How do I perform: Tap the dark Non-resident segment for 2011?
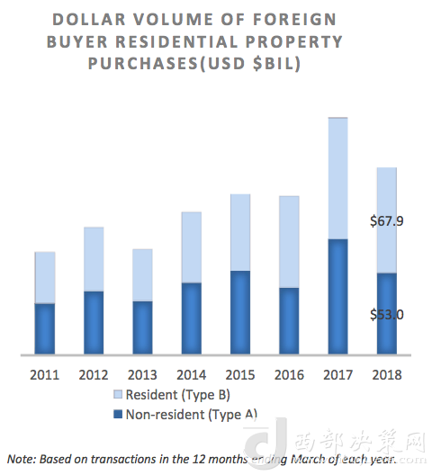click(45, 329)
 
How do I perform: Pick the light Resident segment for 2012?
click(94, 259)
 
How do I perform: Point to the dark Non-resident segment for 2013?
click(142, 327)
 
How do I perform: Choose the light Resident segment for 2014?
click(191, 247)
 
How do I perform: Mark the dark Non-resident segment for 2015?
click(239, 312)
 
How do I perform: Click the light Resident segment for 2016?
click(288, 241)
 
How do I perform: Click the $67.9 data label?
click(387, 220)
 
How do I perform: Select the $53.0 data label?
click(387, 314)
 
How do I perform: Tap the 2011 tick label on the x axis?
click(45, 373)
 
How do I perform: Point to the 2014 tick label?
click(191, 373)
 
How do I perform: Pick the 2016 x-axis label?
click(288, 373)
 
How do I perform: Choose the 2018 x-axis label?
click(386, 373)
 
